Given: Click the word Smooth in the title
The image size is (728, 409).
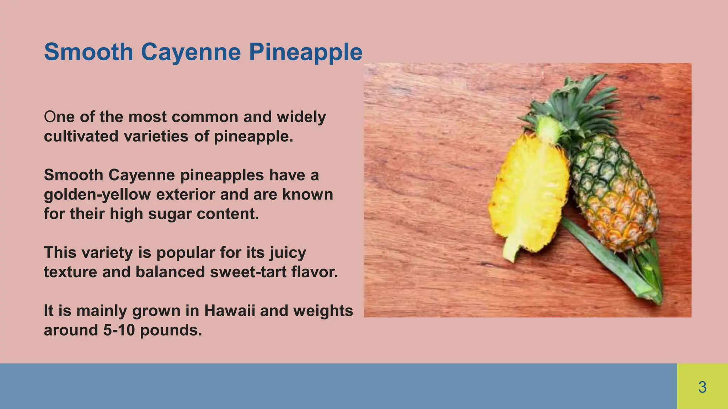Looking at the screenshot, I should [x=89, y=52].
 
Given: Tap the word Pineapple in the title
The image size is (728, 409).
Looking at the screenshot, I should [x=305, y=53].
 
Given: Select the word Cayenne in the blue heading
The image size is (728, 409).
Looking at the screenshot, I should [x=191, y=53].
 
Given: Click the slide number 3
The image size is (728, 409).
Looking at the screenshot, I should [x=702, y=387].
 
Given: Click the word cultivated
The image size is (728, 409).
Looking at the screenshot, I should [x=81, y=136].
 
